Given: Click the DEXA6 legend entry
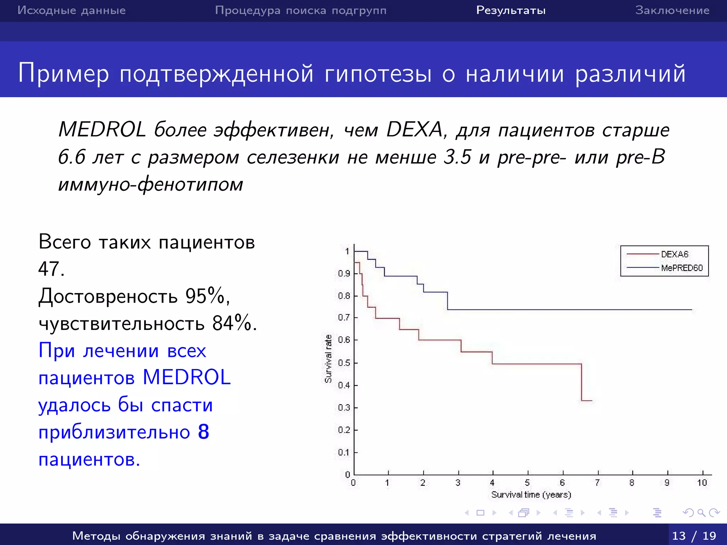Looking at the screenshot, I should [x=674, y=254].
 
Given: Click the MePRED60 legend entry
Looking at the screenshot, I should [x=681, y=268].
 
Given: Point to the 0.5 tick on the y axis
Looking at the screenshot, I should [x=344, y=363].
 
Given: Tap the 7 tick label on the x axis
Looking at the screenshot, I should [x=597, y=483].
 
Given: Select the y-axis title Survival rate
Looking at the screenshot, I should [x=328, y=359].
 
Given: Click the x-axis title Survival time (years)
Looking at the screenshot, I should [x=531, y=495].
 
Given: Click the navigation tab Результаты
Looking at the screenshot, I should [x=511, y=10].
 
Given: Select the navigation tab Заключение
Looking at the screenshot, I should [x=672, y=10].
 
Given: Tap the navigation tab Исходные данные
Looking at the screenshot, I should [x=71, y=10].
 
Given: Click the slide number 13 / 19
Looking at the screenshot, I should [x=694, y=535].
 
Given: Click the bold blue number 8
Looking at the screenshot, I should [x=203, y=432].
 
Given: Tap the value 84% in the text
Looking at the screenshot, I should [x=232, y=323].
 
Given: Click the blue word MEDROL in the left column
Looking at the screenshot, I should [x=187, y=377].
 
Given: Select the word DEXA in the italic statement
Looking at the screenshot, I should [x=414, y=130].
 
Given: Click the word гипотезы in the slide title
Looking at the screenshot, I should [x=378, y=74].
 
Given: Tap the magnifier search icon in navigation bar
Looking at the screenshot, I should [x=701, y=513].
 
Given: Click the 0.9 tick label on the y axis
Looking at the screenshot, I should [x=344, y=274].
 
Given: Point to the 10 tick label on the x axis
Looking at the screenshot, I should [x=702, y=483].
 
